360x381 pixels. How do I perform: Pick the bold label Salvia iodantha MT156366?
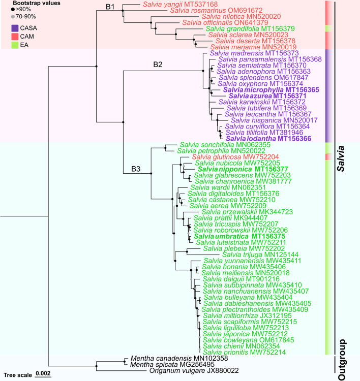pos(268,138)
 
